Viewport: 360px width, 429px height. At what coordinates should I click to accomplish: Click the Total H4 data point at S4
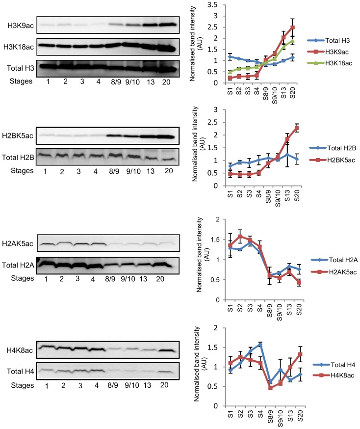260,345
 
